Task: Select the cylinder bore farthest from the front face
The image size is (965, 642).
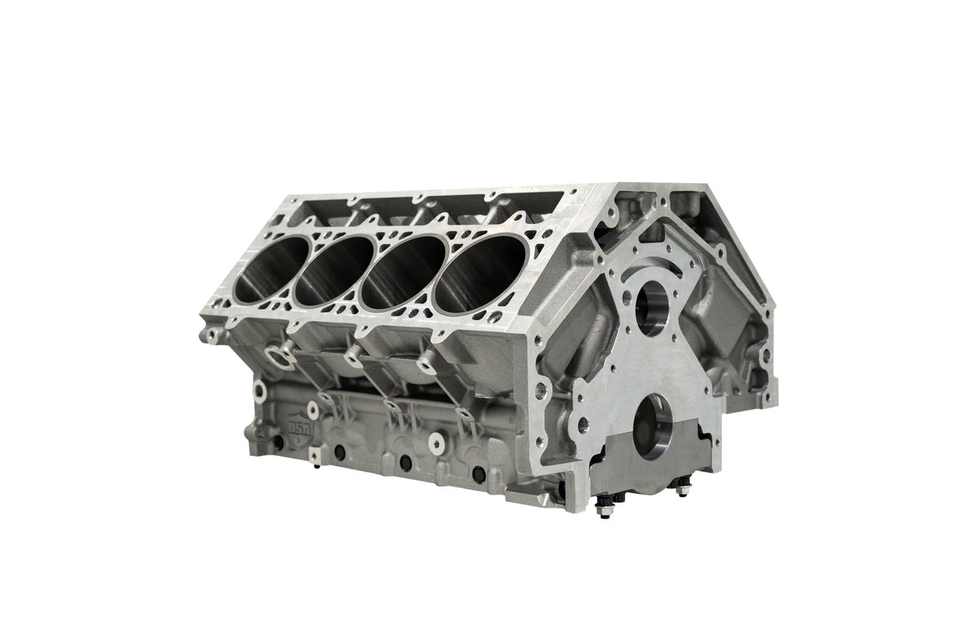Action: click(x=268, y=267)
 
